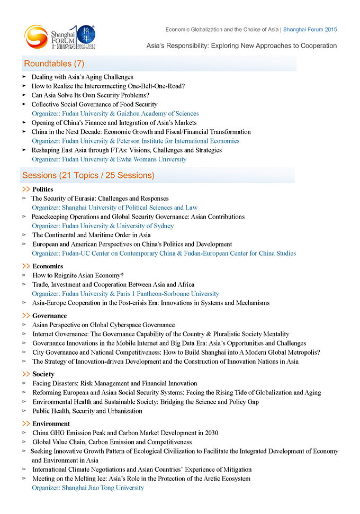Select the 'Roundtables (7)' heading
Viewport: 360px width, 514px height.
[x=54, y=64]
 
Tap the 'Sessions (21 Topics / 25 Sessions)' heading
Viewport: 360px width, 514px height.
[x=88, y=175]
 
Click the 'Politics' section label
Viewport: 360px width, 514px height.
[x=42, y=189]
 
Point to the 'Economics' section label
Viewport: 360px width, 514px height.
[x=48, y=266]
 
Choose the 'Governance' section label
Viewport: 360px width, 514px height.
[x=49, y=315]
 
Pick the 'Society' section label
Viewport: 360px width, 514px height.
[x=43, y=374]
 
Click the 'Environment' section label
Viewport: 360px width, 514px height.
[x=51, y=423]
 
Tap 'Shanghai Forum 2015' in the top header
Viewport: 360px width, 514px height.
[x=310, y=30]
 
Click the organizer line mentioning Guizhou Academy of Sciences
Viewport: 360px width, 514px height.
[x=115, y=113]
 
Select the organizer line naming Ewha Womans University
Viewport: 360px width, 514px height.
[x=109, y=159]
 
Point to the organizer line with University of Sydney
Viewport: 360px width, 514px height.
[x=103, y=226]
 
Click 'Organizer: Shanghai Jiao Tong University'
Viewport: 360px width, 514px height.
[x=88, y=488]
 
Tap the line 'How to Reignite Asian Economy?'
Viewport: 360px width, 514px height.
[x=78, y=275]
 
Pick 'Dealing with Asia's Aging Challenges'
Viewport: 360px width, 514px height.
[x=82, y=77]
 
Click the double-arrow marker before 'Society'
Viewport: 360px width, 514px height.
[x=26, y=374]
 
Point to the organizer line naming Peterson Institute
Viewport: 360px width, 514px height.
[x=136, y=141]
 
